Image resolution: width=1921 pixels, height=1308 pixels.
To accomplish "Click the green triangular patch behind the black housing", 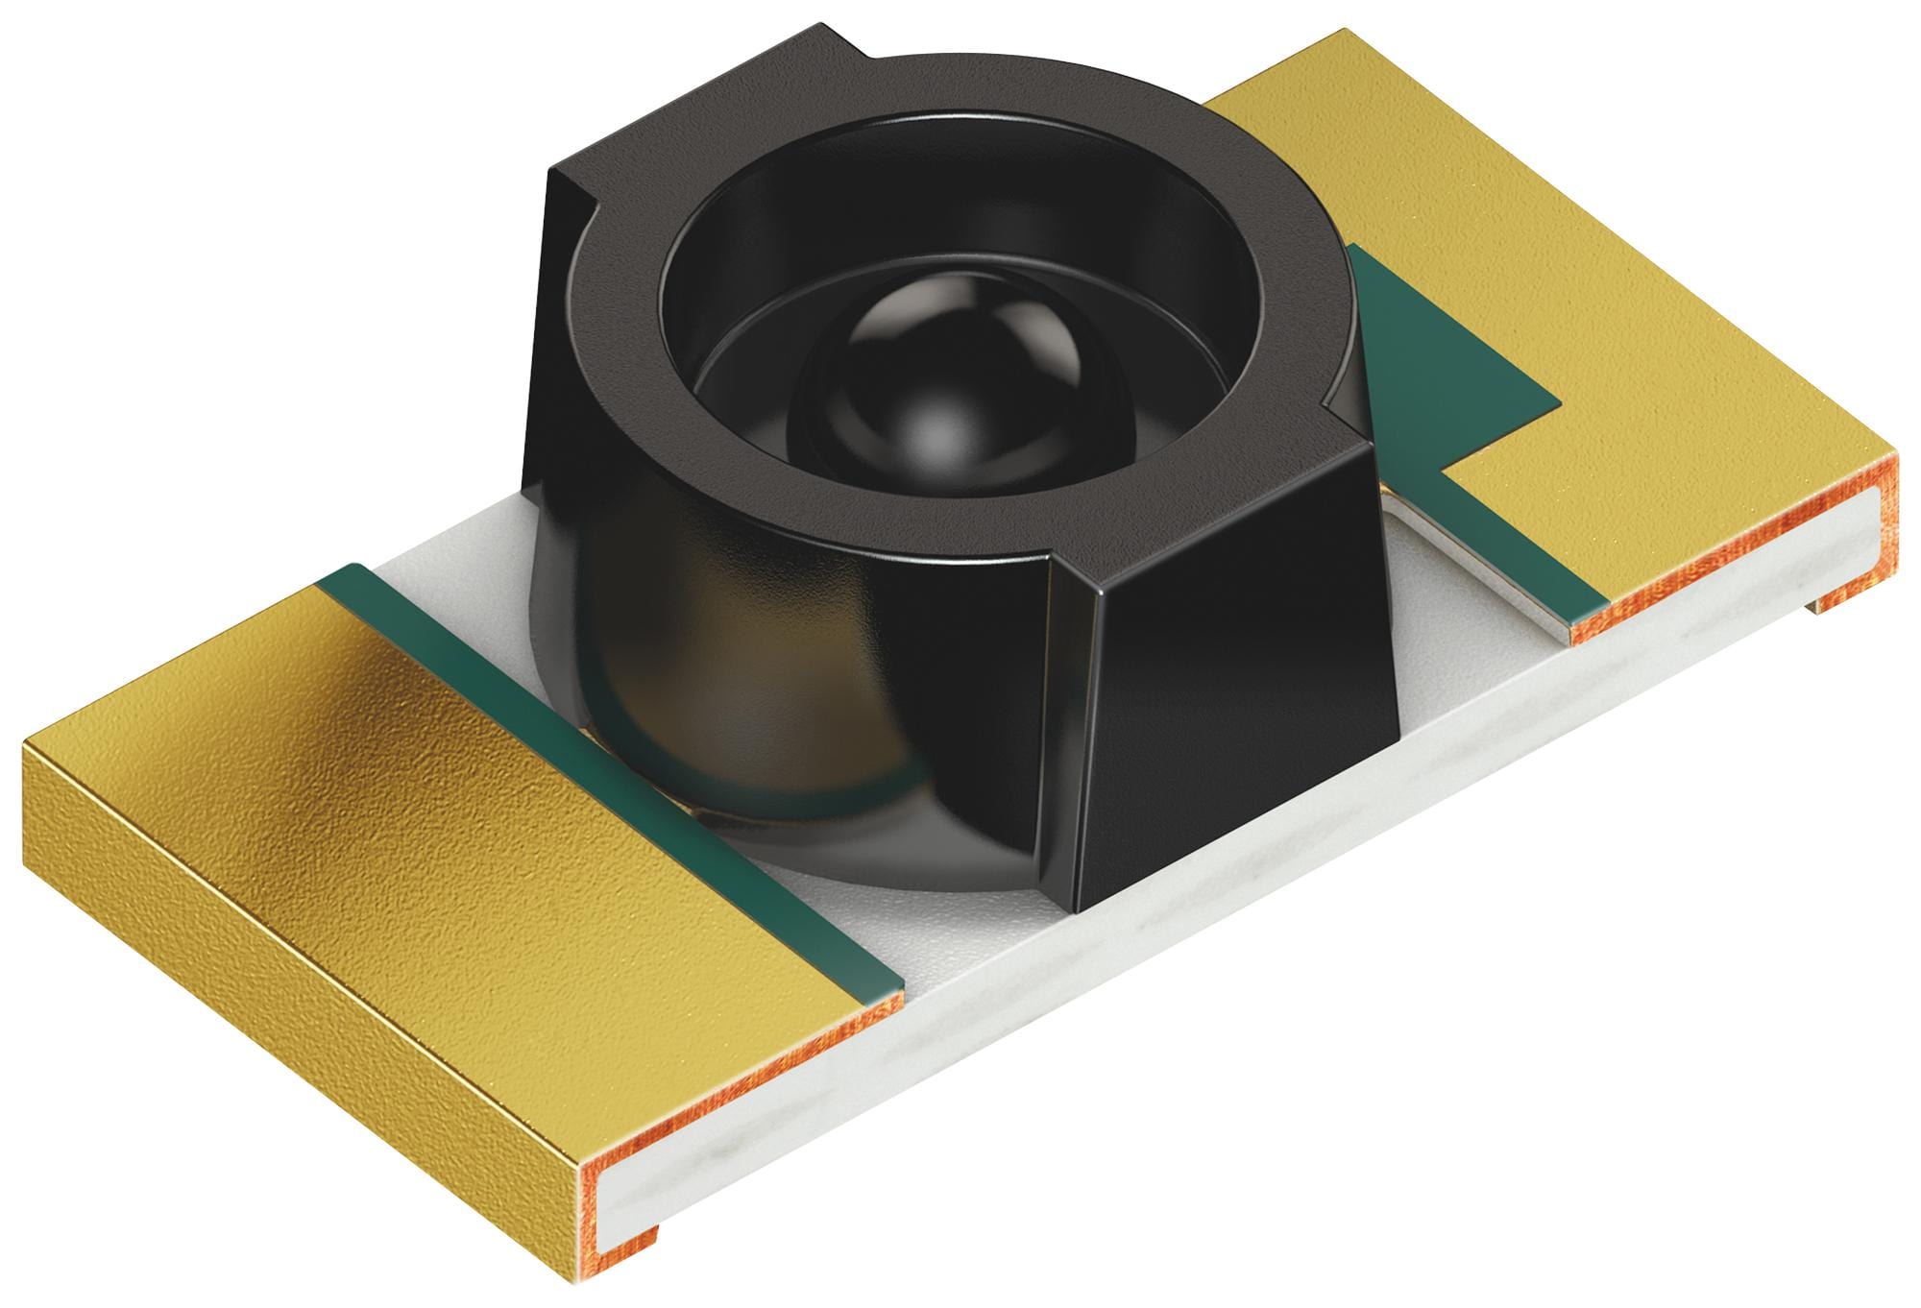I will [1441, 365].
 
